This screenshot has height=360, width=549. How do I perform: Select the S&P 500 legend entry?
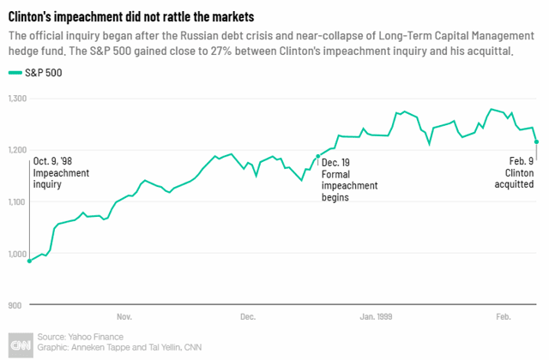[x=44, y=73]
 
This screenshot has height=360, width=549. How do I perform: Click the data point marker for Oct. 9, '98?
[x=30, y=261]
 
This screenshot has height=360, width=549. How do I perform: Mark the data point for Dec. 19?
[x=318, y=156]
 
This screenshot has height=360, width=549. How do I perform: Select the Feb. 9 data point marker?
[x=537, y=142]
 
